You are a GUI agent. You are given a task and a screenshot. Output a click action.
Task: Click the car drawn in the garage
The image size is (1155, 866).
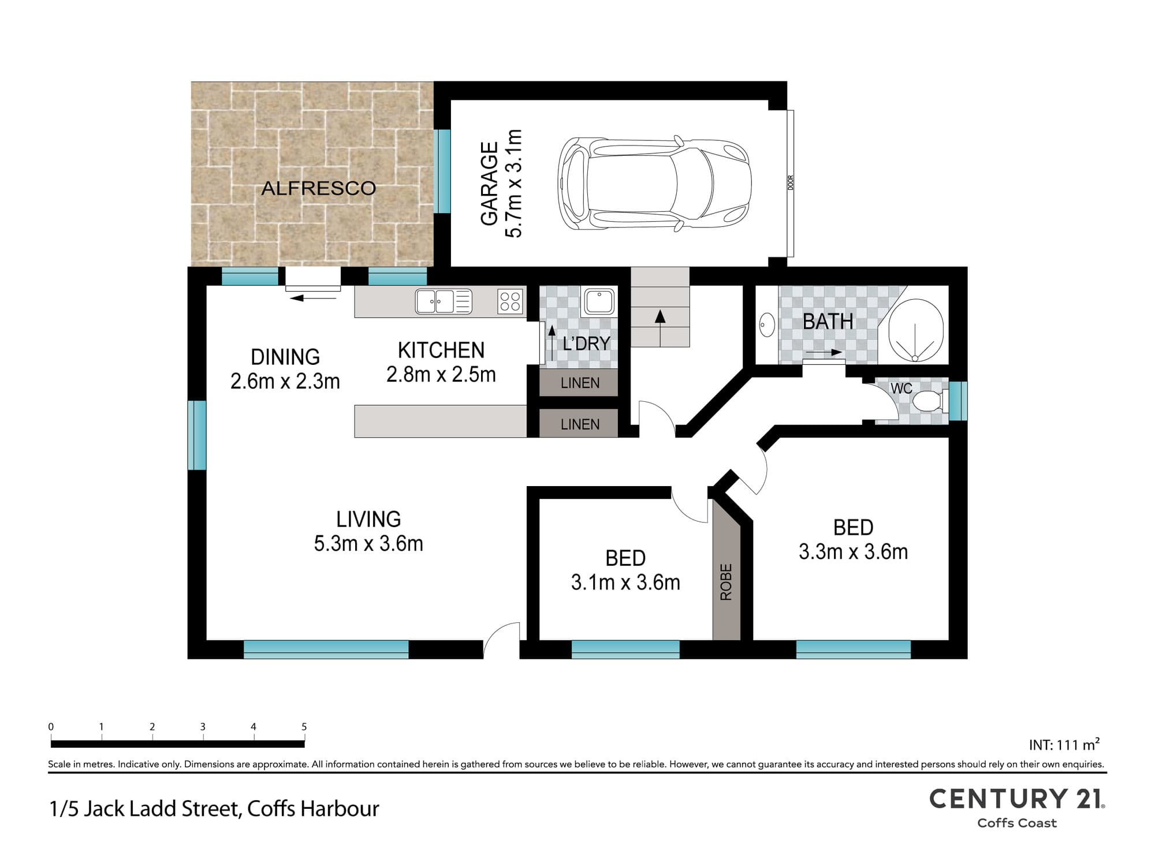pos(654,184)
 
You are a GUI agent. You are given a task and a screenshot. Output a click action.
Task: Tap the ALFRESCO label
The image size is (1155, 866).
pos(318,188)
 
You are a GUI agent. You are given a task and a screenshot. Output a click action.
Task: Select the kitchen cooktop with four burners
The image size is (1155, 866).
pos(511,301)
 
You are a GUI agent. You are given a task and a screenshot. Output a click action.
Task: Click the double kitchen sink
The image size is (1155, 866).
pos(444,301)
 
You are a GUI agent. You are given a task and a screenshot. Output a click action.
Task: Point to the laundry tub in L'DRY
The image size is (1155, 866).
pos(599,302)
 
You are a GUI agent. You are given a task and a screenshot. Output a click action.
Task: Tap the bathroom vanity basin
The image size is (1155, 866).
pos(766,325)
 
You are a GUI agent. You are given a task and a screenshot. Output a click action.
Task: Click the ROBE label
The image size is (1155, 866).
pos(726,582)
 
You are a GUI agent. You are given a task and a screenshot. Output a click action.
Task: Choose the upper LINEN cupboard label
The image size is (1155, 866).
pos(580,383)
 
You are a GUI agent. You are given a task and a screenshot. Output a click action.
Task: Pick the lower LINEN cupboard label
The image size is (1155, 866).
pos(580,424)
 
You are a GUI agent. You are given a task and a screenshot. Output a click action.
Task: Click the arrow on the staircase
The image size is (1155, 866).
pos(660,327)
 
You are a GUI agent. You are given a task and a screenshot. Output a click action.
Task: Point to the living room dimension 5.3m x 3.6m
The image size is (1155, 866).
pos(368,544)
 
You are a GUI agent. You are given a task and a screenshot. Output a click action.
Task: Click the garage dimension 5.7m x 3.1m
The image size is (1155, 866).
pos(513,184)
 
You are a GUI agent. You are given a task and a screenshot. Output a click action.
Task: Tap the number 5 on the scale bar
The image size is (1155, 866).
pos(304,727)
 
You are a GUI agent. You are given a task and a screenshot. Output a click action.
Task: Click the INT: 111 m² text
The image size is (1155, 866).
pos(1064,744)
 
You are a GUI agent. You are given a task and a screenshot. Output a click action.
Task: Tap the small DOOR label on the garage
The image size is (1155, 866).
pos(791,183)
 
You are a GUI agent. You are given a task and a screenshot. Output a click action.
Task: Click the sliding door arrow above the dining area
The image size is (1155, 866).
pos(312,298)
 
